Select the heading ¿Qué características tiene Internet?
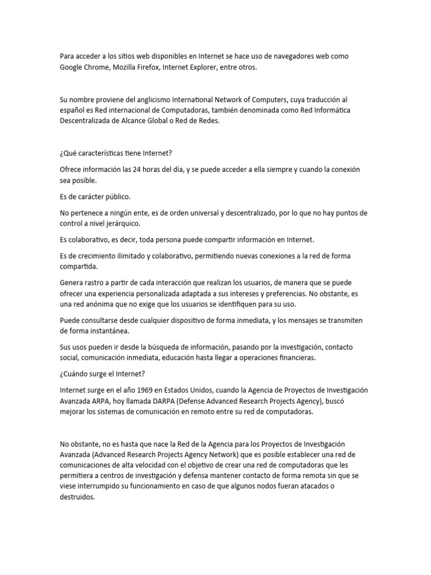point(118,153)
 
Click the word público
point(117,197)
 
